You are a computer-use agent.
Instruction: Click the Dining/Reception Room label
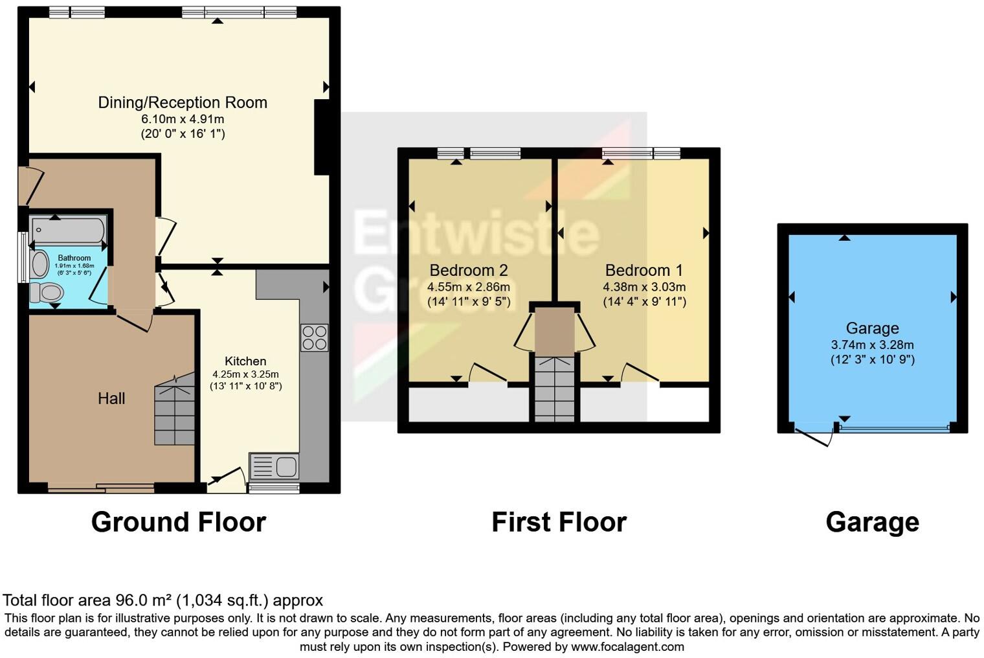click(x=183, y=102)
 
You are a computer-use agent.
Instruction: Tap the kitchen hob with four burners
click(x=314, y=337)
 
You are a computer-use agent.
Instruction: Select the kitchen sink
click(x=274, y=466)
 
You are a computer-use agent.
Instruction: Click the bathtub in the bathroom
click(x=68, y=230)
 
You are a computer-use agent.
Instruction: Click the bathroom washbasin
click(x=40, y=264)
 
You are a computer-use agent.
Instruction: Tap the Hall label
click(x=111, y=398)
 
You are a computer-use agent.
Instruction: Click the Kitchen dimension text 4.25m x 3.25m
click(x=245, y=374)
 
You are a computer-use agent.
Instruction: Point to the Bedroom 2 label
click(x=469, y=270)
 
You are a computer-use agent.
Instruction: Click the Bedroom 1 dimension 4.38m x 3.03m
click(x=644, y=287)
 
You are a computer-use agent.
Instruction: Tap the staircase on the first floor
click(x=554, y=389)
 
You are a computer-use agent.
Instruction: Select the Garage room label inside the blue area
click(x=872, y=328)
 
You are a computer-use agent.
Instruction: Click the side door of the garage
click(x=814, y=437)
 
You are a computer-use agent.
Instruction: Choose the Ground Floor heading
click(x=179, y=522)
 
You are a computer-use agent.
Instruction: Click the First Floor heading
click(x=559, y=522)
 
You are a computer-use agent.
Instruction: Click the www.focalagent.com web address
click(x=627, y=646)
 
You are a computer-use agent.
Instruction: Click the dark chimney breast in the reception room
click(x=322, y=137)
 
